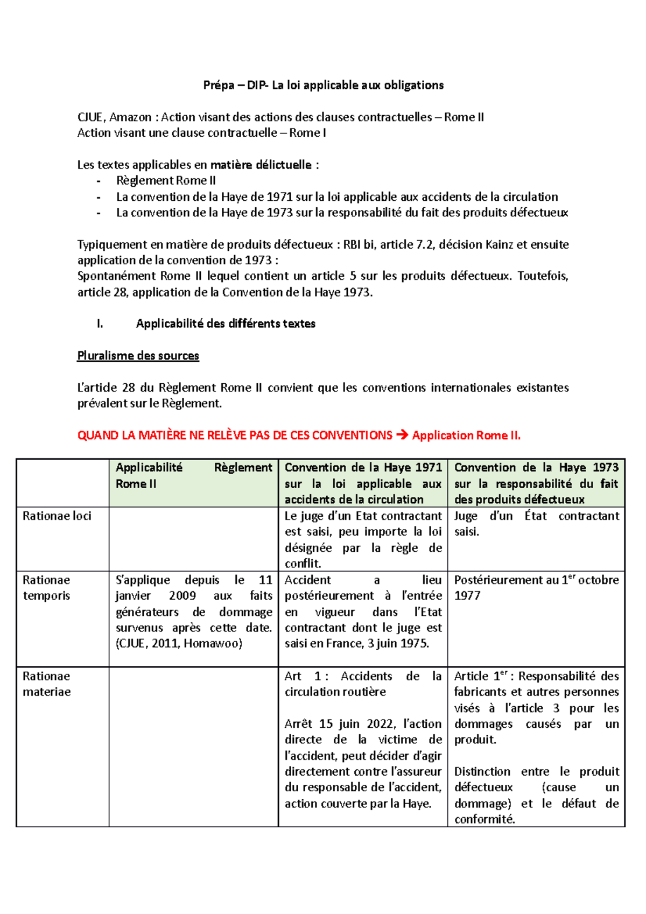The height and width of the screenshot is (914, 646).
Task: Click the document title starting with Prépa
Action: click(323, 85)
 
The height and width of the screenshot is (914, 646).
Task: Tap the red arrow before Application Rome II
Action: click(402, 435)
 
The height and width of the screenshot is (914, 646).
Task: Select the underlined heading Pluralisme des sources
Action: click(138, 356)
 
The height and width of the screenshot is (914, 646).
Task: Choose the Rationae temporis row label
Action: click(47, 588)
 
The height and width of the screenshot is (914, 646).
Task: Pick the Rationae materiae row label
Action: click(47, 684)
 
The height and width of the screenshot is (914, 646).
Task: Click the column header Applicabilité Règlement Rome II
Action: click(193, 475)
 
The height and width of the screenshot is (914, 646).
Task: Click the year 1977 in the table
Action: click(467, 596)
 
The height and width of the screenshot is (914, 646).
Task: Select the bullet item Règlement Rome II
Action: click(166, 181)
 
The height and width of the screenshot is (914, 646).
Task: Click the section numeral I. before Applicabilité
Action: click(100, 324)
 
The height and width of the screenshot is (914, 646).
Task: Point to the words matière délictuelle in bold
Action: click(261, 165)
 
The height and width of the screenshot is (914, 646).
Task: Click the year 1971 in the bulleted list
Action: click(280, 197)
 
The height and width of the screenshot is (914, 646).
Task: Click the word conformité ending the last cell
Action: click(484, 819)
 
